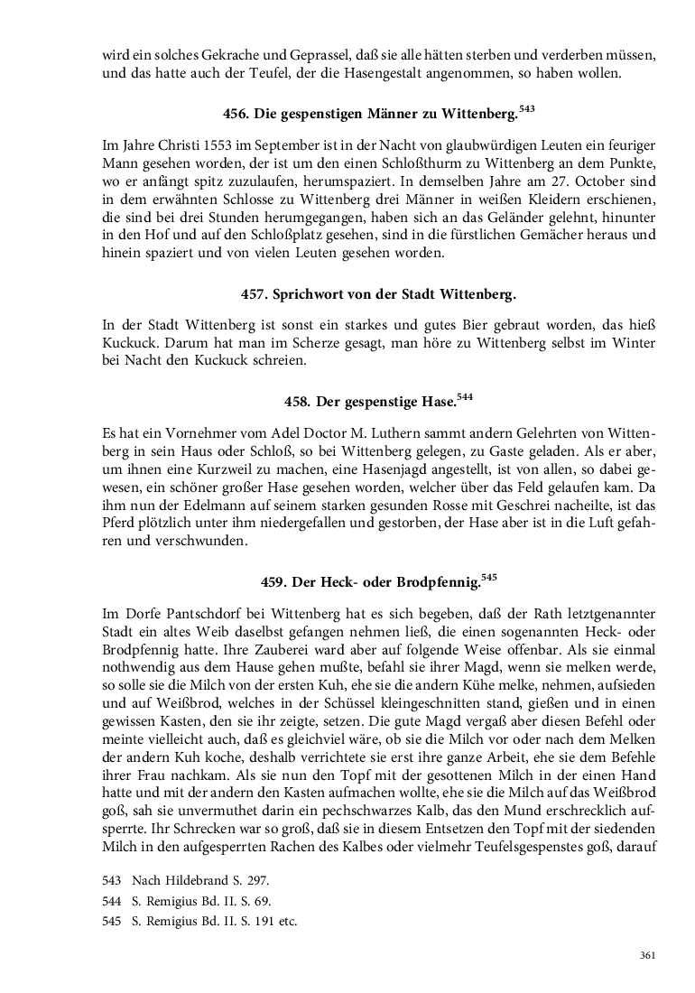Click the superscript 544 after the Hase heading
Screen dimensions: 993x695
click(x=465, y=395)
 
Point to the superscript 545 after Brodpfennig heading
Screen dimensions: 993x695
click(x=489, y=576)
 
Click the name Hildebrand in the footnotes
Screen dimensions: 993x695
click(x=196, y=880)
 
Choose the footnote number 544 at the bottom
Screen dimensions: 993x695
click(x=112, y=901)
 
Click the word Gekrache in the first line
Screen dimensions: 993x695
click(x=214, y=56)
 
